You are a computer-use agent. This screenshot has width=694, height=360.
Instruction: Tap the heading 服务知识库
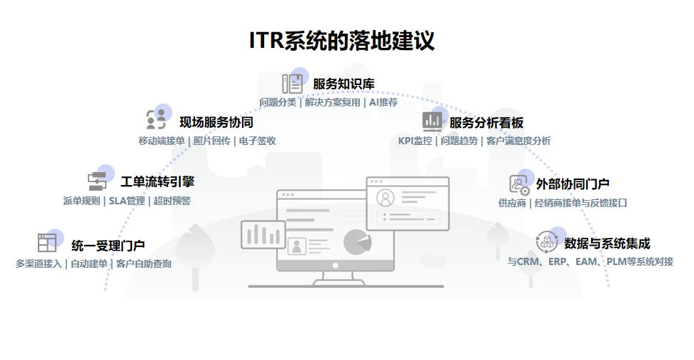click(343, 84)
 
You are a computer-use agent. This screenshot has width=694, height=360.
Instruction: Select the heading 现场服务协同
click(216, 122)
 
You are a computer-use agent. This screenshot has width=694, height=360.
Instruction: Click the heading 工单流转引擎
click(157, 181)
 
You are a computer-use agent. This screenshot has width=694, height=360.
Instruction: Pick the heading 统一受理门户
click(108, 245)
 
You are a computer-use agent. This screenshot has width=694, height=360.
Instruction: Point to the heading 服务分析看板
click(486, 122)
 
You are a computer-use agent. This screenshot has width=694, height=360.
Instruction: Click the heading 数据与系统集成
click(607, 243)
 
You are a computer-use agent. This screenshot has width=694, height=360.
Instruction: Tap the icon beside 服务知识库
click(292, 84)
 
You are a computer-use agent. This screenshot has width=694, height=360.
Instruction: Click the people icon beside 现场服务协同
click(156, 119)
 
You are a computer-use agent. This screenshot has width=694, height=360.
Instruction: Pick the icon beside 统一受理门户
click(47, 242)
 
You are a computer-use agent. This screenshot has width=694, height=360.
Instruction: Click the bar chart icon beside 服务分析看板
click(432, 121)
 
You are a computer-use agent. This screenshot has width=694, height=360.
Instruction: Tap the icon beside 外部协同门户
click(519, 184)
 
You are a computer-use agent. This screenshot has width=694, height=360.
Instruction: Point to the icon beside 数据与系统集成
click(547, 242)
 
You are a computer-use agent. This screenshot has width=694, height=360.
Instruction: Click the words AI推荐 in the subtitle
click(383, 102)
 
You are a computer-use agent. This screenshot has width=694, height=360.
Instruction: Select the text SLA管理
click(126, 201)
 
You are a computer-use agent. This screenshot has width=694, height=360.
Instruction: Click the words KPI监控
click(415, 141)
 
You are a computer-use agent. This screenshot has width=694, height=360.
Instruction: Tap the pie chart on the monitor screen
click(357, 242)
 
